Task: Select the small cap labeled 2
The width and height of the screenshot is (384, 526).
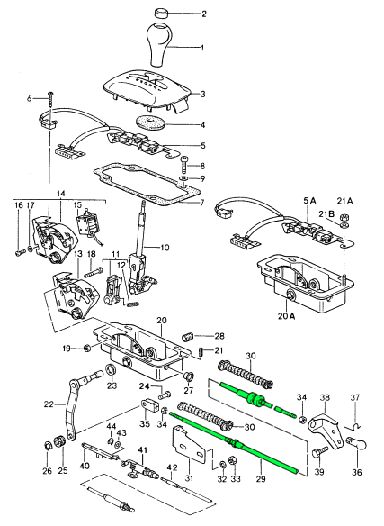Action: click(164, 14)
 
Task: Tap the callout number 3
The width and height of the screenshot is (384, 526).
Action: click(203, 94)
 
